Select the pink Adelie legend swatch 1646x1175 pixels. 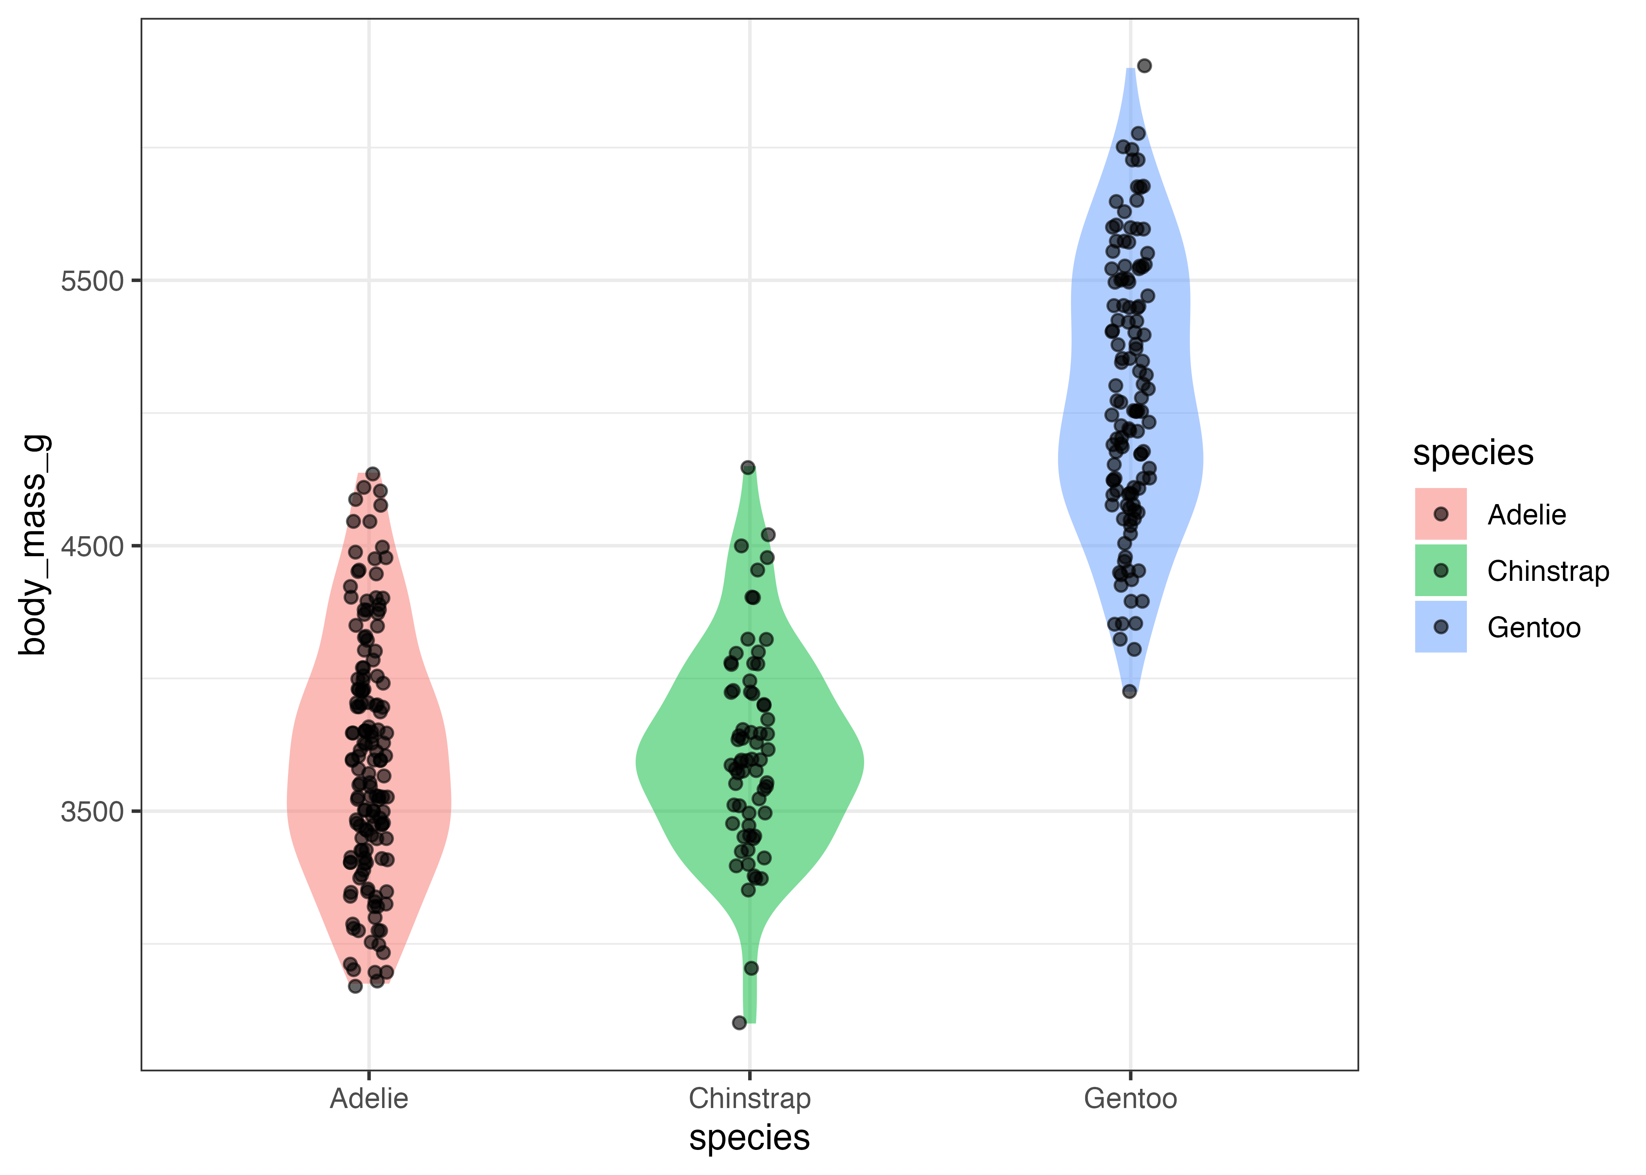(1440, 514)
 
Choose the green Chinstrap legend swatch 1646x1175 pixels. (1440, 570)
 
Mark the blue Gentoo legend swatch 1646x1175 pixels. (1440, 627)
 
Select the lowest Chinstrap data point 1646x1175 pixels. (739, 1022)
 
